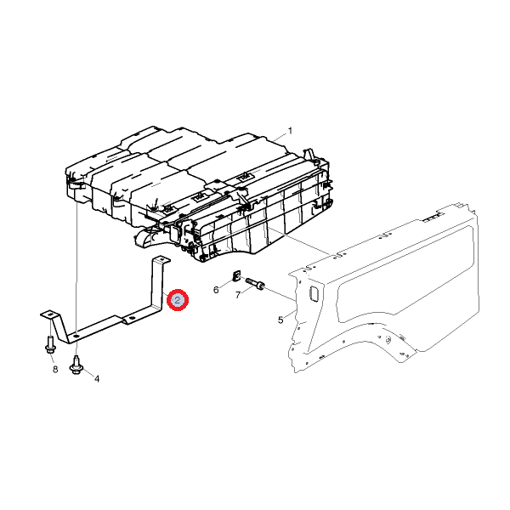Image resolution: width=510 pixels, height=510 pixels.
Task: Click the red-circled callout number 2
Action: (178, 300)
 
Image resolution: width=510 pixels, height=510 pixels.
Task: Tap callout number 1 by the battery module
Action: (290, 131)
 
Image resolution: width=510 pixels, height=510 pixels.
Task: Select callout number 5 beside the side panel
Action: (280, 320)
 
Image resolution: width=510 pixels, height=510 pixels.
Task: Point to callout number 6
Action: (216, 290)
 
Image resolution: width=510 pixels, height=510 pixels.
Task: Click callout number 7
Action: (238, 295)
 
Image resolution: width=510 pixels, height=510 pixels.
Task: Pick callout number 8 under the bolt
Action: (55, 369)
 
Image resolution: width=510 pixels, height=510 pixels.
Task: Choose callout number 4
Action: (97, 378)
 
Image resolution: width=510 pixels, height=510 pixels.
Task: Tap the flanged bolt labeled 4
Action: (76, 365)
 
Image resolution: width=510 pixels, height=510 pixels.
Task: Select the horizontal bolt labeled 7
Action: (255, 283)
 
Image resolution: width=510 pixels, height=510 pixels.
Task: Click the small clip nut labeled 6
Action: (236, 275)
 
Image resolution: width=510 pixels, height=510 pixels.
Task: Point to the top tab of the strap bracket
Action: (161, 259)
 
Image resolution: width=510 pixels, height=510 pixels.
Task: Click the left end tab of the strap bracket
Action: (48, 314)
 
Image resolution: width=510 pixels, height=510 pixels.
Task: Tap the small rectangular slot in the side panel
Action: (313, 293)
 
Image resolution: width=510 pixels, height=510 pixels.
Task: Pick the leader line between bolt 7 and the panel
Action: (280, 293)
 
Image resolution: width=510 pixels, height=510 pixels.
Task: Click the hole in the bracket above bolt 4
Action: (76, 336)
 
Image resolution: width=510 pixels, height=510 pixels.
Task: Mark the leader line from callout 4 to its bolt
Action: (88, 373)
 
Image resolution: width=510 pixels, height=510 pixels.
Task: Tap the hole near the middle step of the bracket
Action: (132, 318)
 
